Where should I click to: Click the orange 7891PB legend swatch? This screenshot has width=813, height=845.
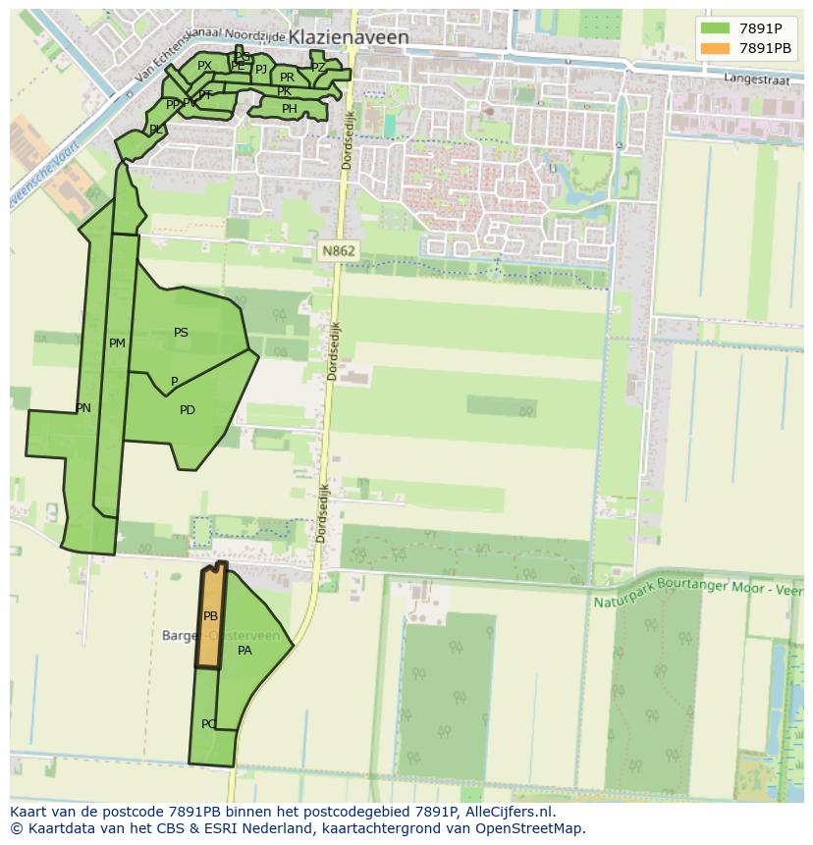click(716, 48)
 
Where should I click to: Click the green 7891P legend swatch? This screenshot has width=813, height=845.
click(716, 27)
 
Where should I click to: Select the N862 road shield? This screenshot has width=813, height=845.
click(339, 251)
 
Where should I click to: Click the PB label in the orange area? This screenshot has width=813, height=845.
click(210, 616)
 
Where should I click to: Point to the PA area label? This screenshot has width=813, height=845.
click(244, 650)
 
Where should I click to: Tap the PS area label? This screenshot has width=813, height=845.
click(181, 333)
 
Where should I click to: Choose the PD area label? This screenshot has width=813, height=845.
click(188, 410)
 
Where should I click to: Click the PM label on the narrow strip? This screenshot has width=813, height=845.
click(117, 343)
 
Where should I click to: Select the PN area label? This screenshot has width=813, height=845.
click(83, 408)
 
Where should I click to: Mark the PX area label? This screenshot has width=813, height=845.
click(204, 66)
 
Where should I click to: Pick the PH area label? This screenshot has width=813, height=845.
click(289, 109)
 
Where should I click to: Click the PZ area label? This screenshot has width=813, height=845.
click(317, 67)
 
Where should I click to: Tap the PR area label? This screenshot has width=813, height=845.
click(287, 78)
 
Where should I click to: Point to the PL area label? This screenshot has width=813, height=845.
click(156, 130)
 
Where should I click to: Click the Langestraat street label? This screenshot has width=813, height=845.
click(756, 79)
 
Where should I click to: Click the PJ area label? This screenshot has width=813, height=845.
click(260, 69)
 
